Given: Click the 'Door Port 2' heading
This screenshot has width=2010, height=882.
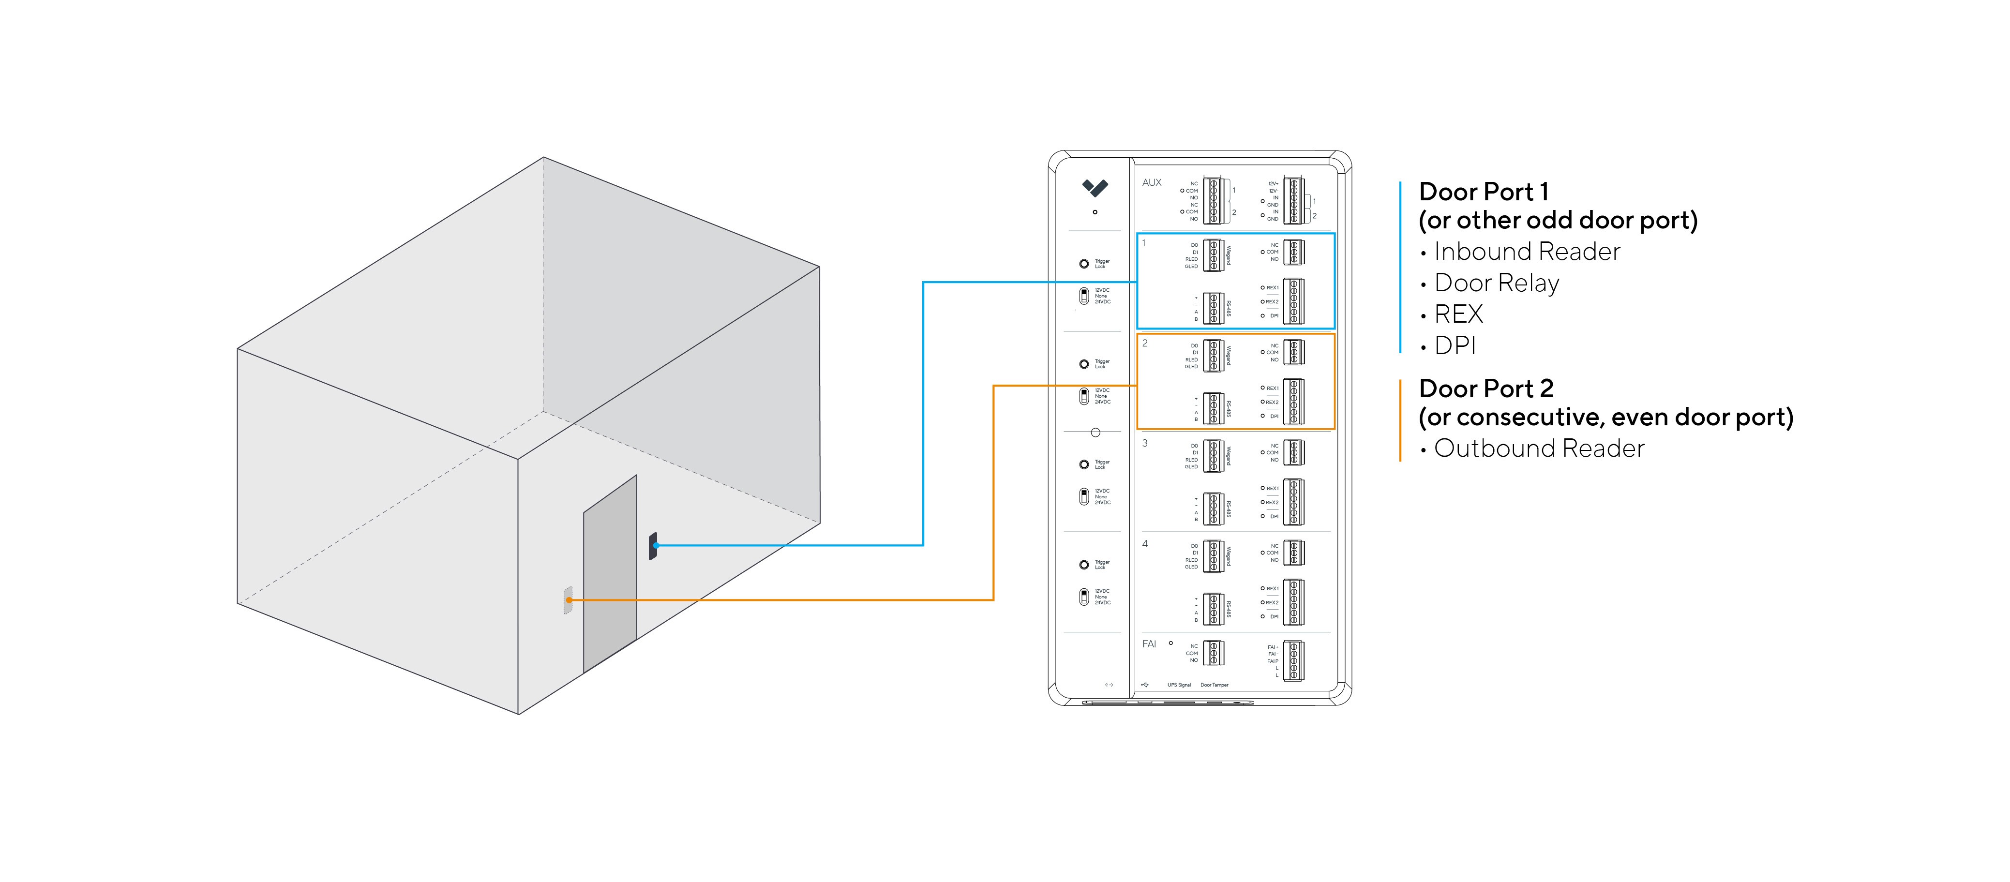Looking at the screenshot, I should point(1485,388).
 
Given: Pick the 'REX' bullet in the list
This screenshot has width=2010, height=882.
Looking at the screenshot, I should point(1457,314).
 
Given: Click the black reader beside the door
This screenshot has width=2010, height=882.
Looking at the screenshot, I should point(653,546).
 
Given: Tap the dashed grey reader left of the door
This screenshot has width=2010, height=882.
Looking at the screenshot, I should point(568,599).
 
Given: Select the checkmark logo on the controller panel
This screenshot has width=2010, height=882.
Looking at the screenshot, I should point(1095,187).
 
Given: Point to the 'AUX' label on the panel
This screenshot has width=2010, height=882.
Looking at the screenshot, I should point(1152,183).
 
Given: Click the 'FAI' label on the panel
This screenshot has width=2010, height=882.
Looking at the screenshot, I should point(1149,644).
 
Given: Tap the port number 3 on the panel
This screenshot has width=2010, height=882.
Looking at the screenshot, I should point(1145,443).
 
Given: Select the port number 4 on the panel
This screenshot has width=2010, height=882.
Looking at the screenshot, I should point(1145,544).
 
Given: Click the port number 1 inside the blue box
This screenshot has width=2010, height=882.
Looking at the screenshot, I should point(1144,243).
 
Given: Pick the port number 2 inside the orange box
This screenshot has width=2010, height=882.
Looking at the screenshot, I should point(1145,343).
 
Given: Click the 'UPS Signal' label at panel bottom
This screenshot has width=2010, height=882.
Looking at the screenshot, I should point(1179,685).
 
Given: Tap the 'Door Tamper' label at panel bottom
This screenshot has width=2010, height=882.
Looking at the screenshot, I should point(1214,685).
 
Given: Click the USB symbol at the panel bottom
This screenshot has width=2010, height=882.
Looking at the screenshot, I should point(1145,685).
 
